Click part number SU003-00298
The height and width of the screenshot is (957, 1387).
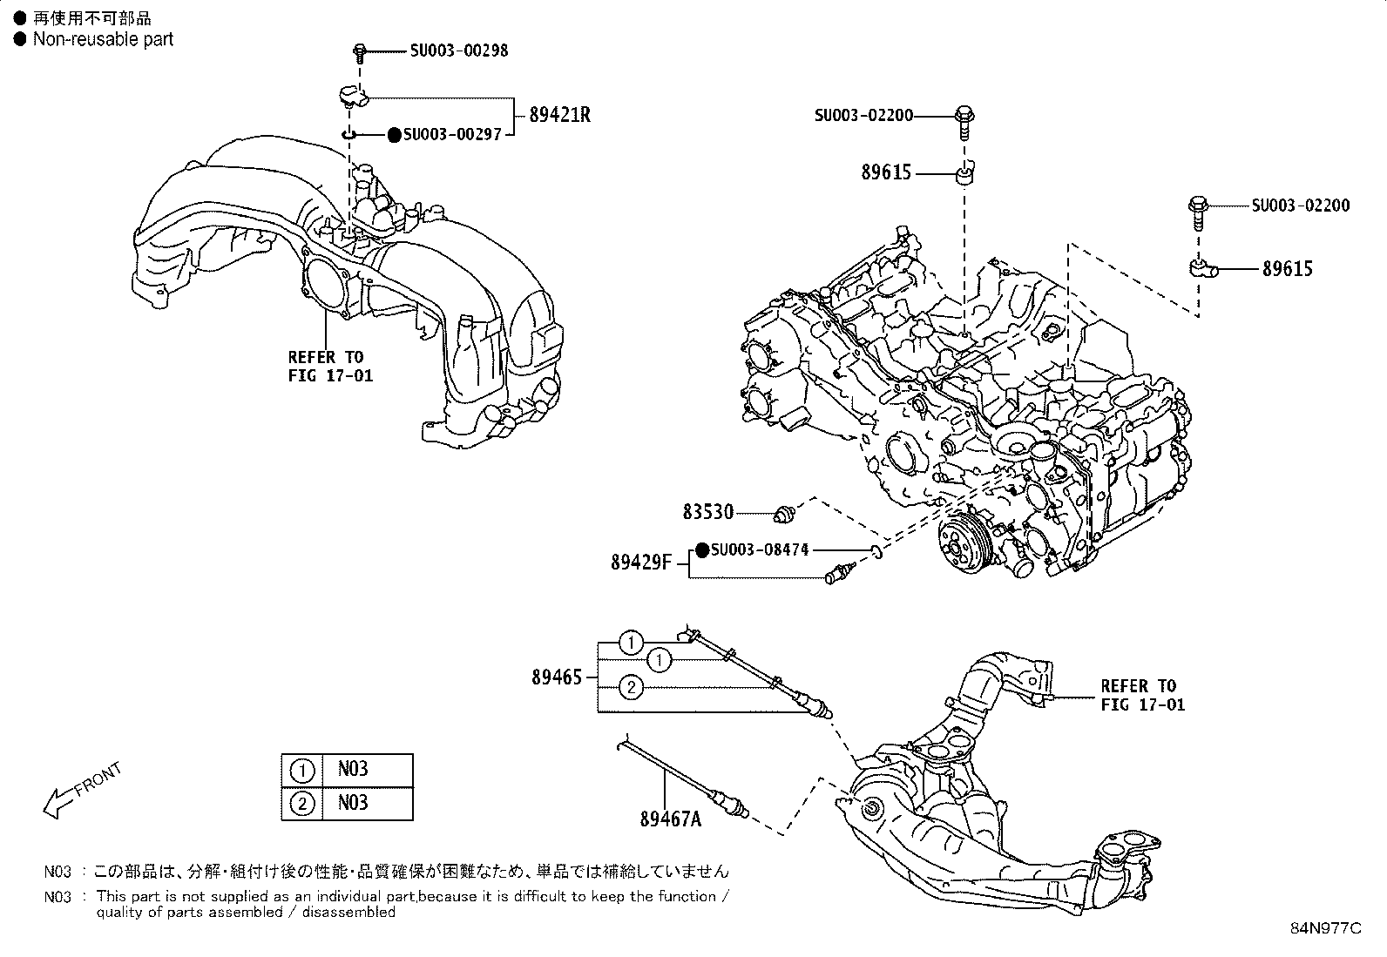coord(459,51)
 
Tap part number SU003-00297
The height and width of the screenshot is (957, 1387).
coord(452,135)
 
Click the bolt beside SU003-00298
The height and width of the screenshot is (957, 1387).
coord(359,53)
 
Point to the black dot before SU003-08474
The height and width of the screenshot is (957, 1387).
coord(702,550)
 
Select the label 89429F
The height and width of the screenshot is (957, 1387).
coord(641,563)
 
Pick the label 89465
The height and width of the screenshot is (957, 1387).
coord(557,677)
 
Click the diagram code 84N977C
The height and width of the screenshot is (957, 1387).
coord(1325,928)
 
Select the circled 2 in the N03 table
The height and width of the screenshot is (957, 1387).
coord(301,803)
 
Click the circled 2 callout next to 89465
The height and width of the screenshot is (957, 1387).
coord(632,688)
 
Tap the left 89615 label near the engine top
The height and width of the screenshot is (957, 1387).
coord(886,172)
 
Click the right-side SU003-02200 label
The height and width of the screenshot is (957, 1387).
coord(1301,206)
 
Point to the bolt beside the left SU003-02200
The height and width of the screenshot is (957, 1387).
coord(964,121)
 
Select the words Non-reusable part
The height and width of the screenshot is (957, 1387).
coord(103,39)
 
